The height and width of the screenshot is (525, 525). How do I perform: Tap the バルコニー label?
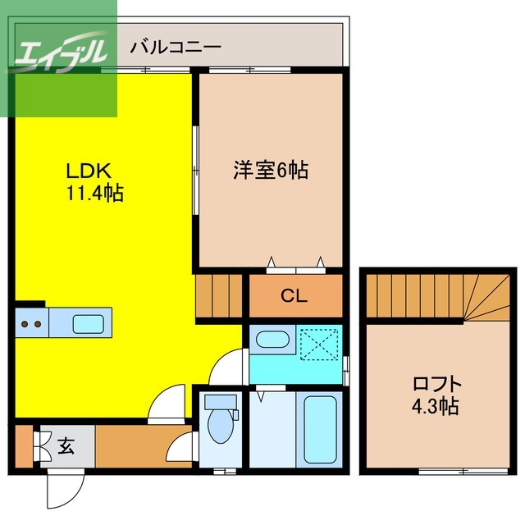[176, 47]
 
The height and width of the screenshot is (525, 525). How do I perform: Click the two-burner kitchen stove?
[31, 322]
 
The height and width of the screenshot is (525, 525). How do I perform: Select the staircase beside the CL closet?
[219, 297]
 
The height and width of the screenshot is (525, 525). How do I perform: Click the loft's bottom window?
[451, 471]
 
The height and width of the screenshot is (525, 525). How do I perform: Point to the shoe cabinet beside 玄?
[22, 446]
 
